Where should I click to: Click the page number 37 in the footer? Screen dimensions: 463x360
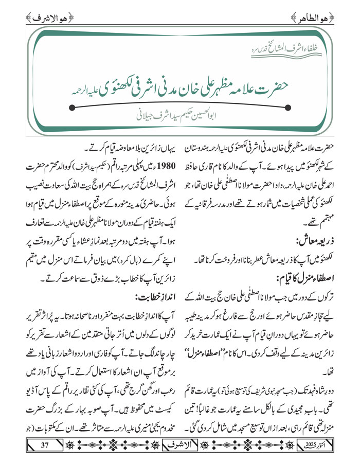click(44, 444)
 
